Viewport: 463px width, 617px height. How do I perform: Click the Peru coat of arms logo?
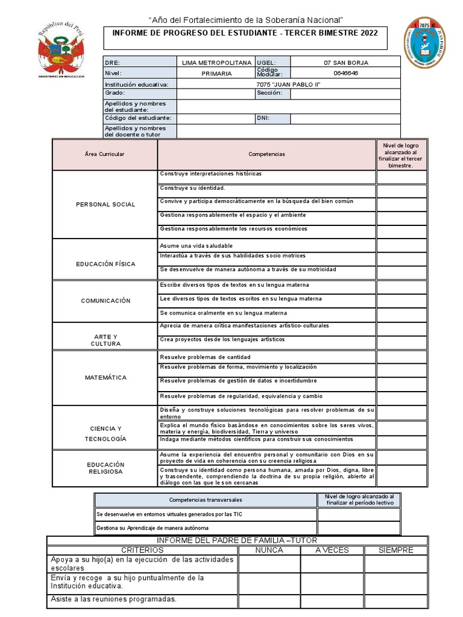61,51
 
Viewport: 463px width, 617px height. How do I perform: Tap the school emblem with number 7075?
425,43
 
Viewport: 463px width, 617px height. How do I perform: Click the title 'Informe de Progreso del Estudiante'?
245,33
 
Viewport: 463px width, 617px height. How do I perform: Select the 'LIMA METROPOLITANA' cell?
216,62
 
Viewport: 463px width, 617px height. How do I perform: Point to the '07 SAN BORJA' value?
345,62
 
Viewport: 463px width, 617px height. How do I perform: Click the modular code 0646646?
345,73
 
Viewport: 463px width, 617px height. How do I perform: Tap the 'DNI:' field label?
263,118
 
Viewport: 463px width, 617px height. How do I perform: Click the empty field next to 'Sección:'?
345,93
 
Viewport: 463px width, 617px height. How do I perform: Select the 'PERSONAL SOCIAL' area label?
106,204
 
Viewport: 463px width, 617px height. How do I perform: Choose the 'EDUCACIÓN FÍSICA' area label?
106,264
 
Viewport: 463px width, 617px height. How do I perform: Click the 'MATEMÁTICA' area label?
106,378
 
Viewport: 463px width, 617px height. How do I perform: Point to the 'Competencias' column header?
266,154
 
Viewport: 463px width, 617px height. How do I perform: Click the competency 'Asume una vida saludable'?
197,246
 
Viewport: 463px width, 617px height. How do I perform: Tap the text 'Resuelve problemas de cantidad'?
205,357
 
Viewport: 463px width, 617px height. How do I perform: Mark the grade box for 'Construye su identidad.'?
402,190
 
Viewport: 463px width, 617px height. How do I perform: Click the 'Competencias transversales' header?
206,500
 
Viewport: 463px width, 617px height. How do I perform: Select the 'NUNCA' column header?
269,550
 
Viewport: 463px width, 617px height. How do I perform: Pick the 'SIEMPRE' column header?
395,550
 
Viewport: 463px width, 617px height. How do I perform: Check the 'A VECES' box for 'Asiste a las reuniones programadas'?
332,600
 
